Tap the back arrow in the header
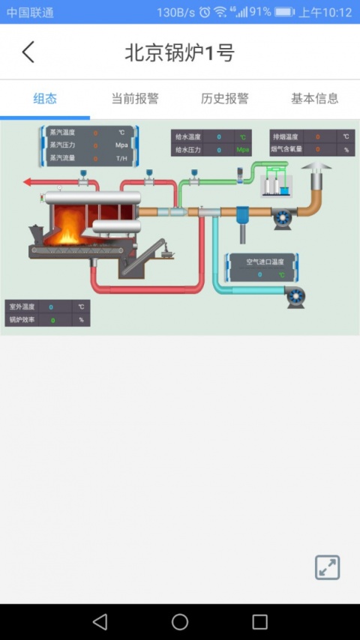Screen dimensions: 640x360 point(28,52)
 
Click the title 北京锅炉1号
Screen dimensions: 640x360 point(179,52)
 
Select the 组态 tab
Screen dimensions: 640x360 point(45,98)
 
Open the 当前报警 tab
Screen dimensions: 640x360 point(135,98)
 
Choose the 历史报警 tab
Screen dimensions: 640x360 point(225,98)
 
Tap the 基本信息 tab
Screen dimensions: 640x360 point(315,98)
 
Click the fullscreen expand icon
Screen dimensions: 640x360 point(327,567)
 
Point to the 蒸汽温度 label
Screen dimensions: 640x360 point(62,133)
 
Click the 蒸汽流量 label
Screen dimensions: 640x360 point(62,158)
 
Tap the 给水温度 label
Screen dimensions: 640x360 point(188,137)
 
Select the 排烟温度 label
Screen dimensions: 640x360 point(285,137)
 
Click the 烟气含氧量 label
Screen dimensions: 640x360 point(286,149)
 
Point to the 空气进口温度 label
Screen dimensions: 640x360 point(265,262)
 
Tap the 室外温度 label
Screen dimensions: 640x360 point(22,307)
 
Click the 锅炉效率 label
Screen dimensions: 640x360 point(22,319)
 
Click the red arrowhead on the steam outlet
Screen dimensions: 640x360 point(28,181)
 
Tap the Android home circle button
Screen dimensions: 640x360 point(180,621)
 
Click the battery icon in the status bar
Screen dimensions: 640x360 point(284,12)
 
